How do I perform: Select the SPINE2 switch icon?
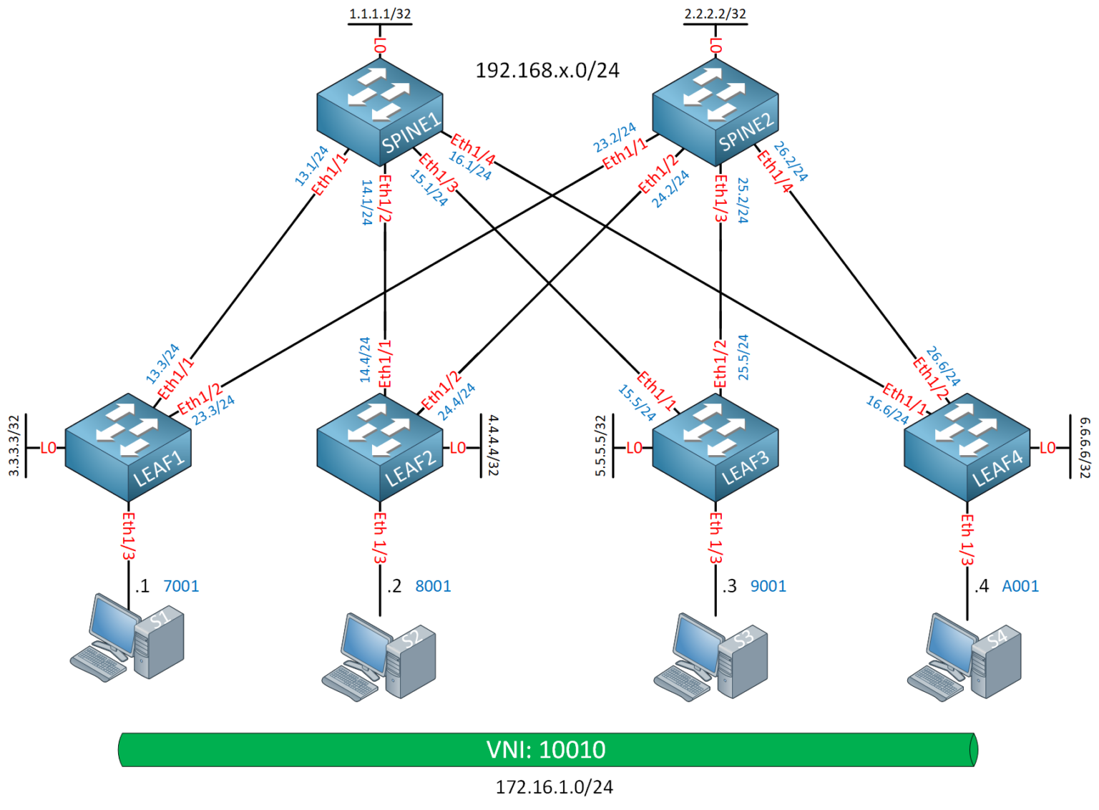pos(715,112)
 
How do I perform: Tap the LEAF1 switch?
pos(128,447)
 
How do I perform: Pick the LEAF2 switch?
pos(379,447)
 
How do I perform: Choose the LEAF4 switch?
pos(967,447)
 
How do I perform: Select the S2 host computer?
pos(379,655)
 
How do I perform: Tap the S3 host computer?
pos(711,655)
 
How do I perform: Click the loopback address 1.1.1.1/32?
pos(380,14)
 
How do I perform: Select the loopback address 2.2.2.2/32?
pos(715,14)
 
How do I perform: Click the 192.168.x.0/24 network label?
pos(547,70)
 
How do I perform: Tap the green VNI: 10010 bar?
pos(547,749)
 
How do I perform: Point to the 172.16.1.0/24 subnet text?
pos(555,787)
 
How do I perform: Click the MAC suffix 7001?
pos(181,586)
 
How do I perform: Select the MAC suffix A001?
pos(1020,586)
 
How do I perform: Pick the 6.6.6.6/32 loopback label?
pos(1085,448)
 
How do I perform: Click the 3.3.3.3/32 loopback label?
pos(14,446)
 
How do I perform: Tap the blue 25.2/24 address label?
pos(743,200)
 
